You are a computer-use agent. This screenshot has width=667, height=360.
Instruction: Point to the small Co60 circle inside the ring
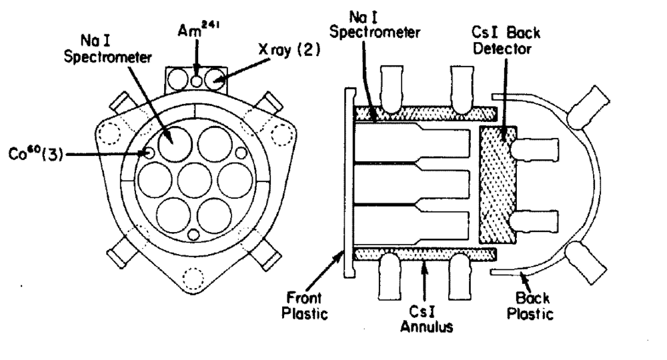pyautogui.click(x=149, y=153)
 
